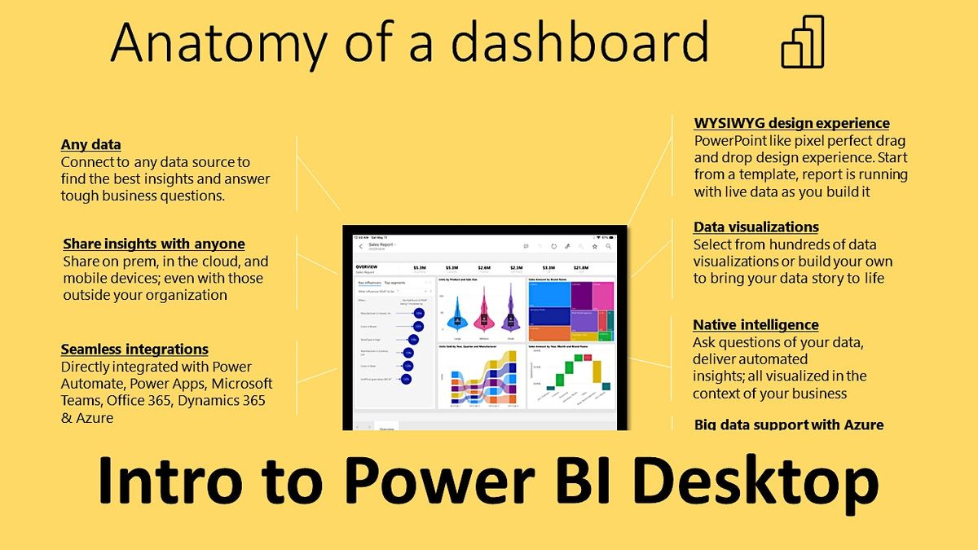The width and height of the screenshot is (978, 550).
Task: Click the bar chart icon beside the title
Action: (x=802, y=42)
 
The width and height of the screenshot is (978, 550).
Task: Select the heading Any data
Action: (x=90, y=145)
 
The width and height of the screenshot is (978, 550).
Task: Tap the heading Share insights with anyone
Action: (x=153, y=244)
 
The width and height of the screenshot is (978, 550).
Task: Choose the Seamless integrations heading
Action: (x=134, y=350)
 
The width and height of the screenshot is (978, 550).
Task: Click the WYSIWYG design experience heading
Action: (x=791, y=123)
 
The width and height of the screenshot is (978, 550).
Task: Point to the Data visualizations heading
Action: (x=756, y=227)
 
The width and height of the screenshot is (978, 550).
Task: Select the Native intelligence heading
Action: (x=756, y=324)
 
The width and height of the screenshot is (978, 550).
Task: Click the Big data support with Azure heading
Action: (x=788, y=425)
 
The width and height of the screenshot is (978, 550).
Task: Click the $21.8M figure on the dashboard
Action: (x=581, y=266)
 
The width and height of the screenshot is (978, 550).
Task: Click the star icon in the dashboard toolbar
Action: (x=595, y=245)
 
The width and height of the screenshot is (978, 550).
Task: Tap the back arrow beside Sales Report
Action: (x=360, y=246)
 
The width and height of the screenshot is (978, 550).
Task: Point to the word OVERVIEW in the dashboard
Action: (x=367, y=266)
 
